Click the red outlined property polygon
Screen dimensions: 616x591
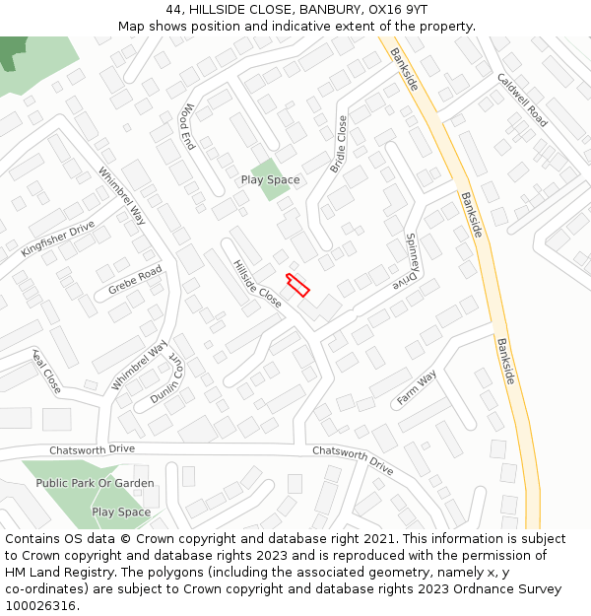297,285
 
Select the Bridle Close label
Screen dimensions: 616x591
338,144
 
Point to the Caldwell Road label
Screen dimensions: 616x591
522,100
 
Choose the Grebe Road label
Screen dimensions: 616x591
136,281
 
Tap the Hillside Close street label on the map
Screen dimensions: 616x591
257,284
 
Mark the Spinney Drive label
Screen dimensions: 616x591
413,261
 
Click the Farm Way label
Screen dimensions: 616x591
416,388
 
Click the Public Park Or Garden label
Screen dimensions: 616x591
95,483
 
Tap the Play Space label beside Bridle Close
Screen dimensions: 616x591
270,180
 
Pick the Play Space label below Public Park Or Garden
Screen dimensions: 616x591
121,513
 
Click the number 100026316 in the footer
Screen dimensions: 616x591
40,605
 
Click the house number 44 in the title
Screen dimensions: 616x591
173,9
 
